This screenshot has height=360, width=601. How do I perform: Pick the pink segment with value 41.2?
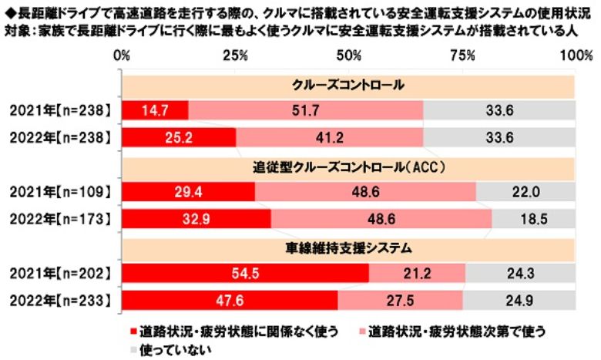tap(329, 137)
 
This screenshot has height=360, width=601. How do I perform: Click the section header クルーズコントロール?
tap(348, 85)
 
